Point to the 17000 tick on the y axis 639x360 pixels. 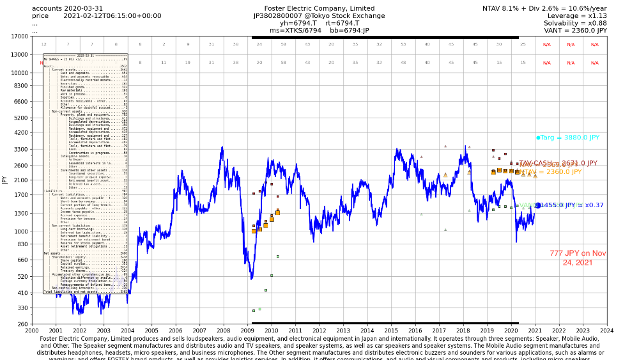(x=20, y=36)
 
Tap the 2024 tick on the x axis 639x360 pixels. (x=606, y=330)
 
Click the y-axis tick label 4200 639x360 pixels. (x=20, y=133)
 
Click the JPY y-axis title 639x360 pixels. (x=5, y=180)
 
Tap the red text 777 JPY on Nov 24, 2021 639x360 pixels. (x=578, y=258)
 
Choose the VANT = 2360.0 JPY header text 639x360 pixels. (x=575, y=30)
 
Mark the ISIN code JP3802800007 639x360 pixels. (x=281, y=16)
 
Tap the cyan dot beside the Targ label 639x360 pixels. (x=538, y=137)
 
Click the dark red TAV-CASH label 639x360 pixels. (x=558, y=164)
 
